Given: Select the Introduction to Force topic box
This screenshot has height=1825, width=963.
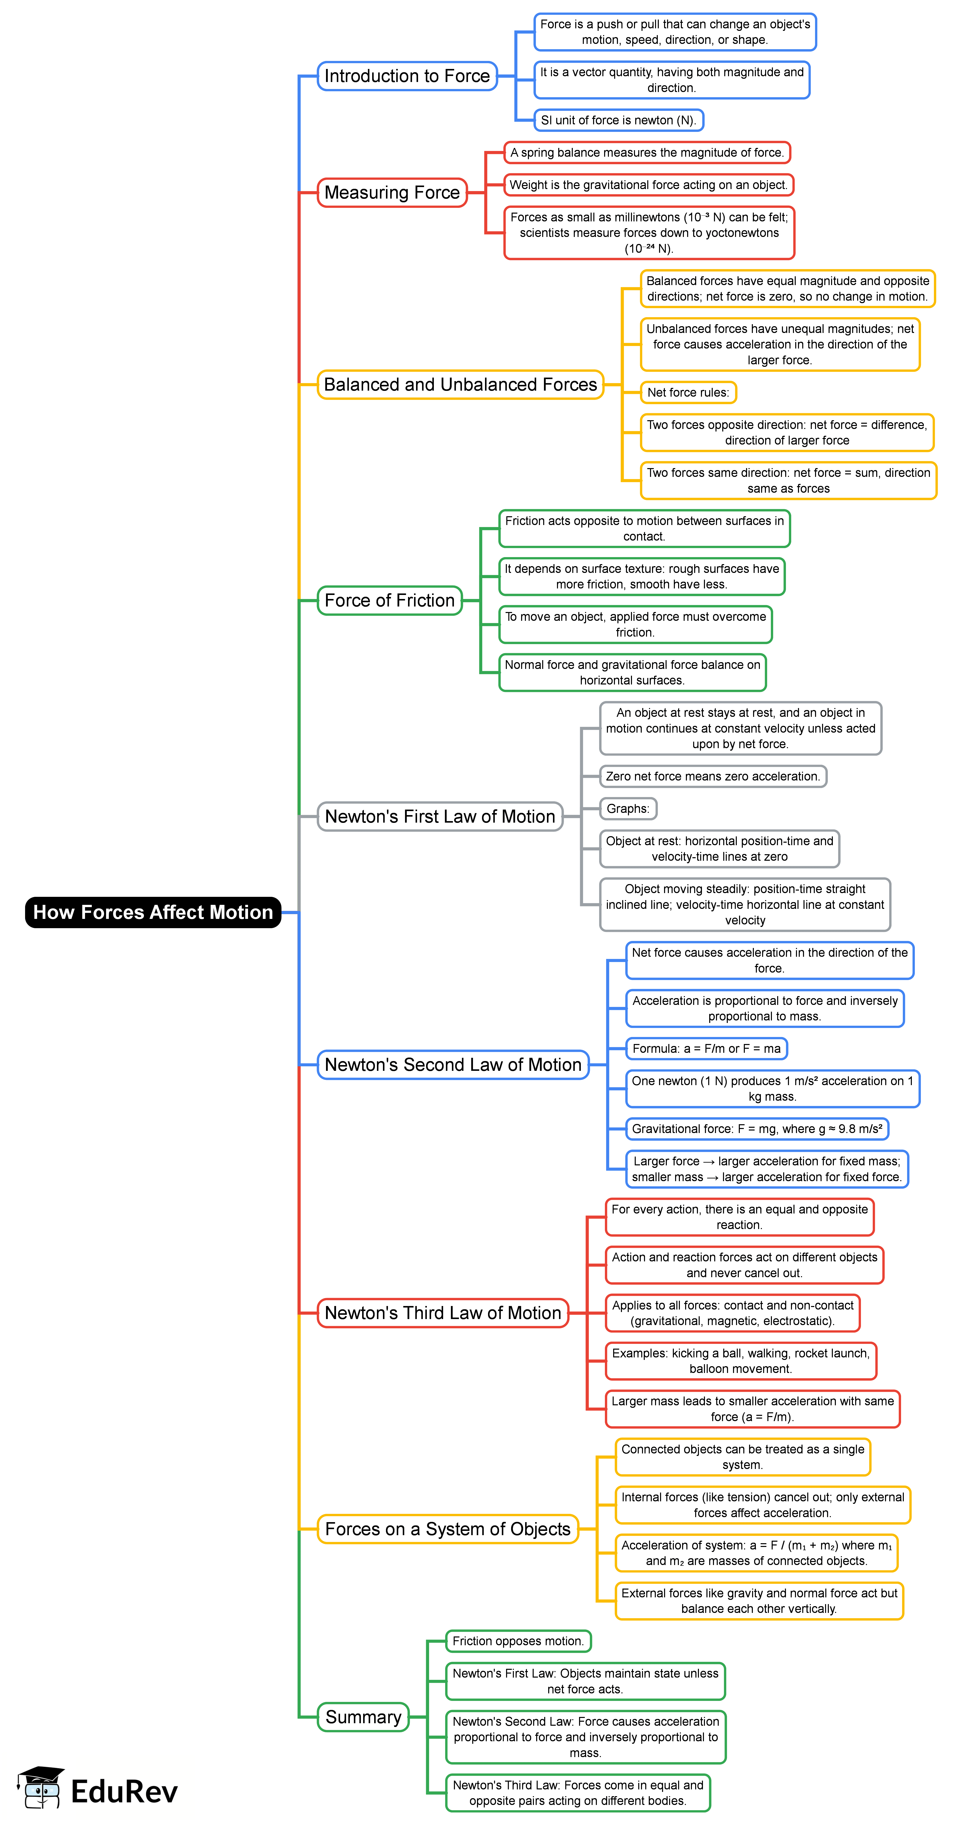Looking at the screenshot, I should (407, 76).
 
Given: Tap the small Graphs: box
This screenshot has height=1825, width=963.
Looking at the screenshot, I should (628, 808).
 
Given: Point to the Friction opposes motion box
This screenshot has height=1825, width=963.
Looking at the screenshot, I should (518, 1641).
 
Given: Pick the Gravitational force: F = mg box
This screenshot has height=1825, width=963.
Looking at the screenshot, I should (757, 1128).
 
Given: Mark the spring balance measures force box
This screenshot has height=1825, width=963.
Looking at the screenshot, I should (647, 152).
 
